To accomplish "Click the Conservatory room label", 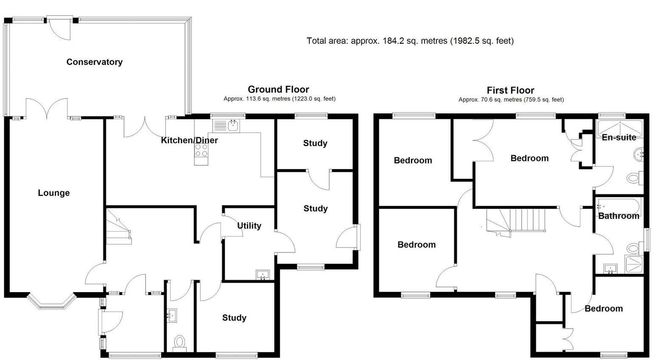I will (94, 62).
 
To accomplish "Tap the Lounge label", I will (54, 193).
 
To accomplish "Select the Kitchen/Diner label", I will (189, 140).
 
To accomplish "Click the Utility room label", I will (249, 226).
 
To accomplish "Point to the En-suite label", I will (619, 138).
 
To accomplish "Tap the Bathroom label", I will (619, 216).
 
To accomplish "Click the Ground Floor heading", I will (278, 89).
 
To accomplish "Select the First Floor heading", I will (510, 90).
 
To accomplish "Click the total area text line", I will (410, 41).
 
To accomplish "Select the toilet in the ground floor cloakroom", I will (180, 342).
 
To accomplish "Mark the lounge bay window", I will (51, 302).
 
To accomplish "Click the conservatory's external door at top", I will (60, 26).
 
